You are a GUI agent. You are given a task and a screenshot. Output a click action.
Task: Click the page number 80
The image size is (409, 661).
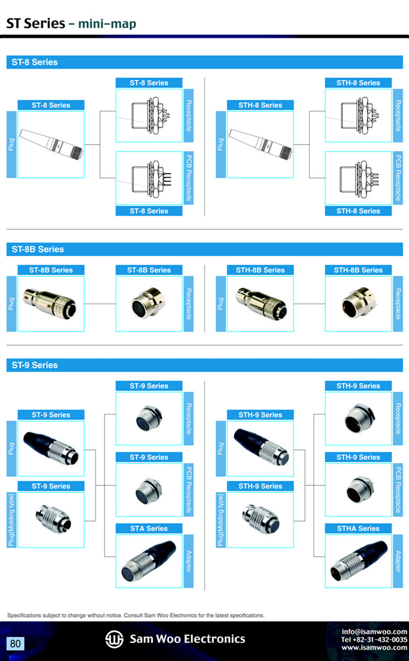(x=15, y=644)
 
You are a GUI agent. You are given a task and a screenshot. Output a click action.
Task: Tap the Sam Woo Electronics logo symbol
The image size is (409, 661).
(x=114, y=639)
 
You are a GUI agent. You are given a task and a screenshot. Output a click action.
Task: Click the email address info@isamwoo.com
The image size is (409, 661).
(x=375, y=632)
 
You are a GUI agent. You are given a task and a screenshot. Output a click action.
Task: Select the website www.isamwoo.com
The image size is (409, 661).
(x=375, y=648)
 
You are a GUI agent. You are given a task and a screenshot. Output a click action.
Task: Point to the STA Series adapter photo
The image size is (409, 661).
(x=149, y=561)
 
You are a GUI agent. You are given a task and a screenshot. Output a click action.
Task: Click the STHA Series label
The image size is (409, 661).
(x=358, y=528)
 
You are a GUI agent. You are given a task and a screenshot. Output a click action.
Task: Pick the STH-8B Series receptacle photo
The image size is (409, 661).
(x=358, y=303)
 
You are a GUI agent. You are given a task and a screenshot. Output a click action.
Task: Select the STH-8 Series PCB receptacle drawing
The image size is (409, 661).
(x=360, y=179)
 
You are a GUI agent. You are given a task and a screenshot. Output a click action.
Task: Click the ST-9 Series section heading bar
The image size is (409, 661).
(x=204, y=365)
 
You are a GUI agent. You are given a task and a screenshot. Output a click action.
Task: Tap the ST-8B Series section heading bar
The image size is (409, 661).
(x=204, y=249)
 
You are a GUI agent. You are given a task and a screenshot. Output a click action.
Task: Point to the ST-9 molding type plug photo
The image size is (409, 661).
(x=54, y=519)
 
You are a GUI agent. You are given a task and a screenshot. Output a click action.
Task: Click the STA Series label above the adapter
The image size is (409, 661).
(x=149, y=528)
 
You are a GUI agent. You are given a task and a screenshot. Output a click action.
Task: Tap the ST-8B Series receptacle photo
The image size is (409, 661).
(x=148, y=303)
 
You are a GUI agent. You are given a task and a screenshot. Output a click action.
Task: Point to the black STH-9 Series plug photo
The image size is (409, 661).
(x=262, y=447)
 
